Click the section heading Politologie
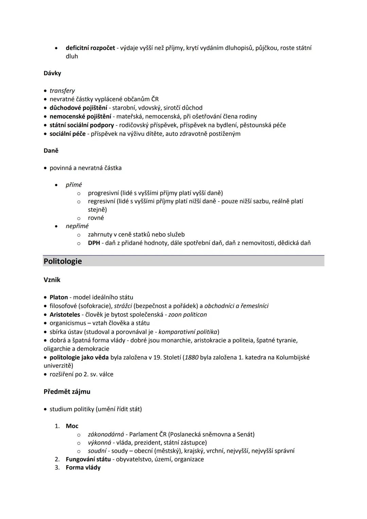pos(63,261)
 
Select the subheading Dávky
pos(52,73)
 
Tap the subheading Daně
pos(51,151)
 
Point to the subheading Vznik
pos(52,280)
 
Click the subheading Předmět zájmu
pos(67,392)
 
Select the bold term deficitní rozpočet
pos(90,48)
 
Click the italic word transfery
pos(62,91)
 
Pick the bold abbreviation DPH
pos(94,243)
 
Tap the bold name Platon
pos(59,297)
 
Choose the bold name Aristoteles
pos(65,315)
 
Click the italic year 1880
pos(192,358)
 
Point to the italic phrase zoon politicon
pos(188,315)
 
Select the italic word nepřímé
pos(77,226)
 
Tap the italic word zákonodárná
pos(106,434)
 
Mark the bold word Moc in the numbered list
pos(72,426)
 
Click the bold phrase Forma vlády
pos(83,468)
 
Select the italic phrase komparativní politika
pos(188,332)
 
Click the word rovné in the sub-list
pos(96,218)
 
